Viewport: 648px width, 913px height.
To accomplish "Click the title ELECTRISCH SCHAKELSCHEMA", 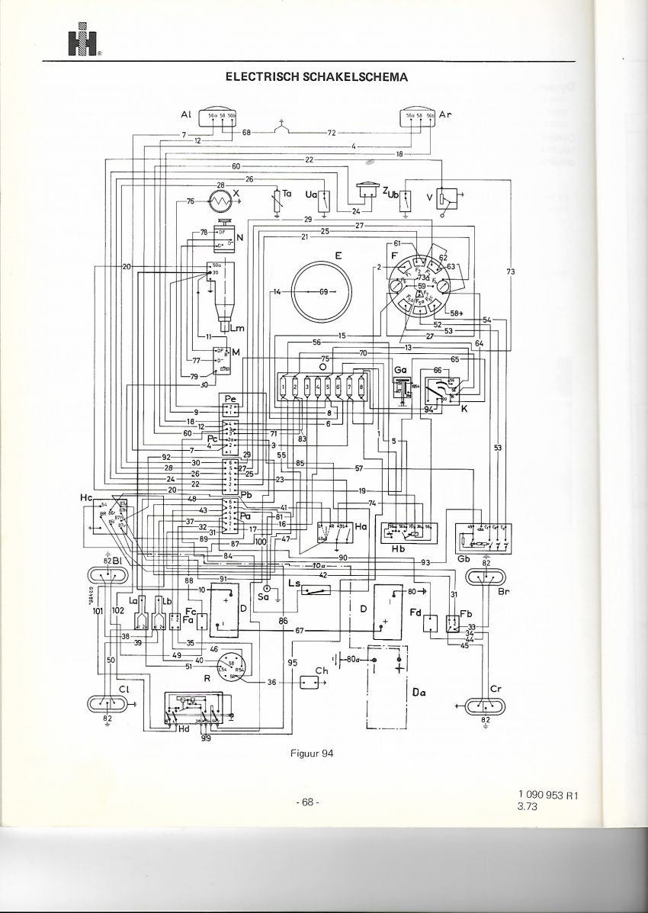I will pyautogui.click(x=316, y=76).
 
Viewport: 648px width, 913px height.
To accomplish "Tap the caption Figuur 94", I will pyautogui.click(x=313, y=754).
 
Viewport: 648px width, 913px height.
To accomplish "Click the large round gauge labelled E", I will pyautogui.click(x=324, y=292).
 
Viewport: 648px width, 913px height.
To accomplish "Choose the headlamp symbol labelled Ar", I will pyautogui.click(x=420, y=116).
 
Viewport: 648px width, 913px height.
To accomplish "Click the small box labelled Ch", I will pyautogui.click(x=310, y=682).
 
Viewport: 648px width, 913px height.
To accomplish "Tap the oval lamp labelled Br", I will pyautogui.click(x=485, y=577).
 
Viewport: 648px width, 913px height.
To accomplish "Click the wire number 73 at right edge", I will pyautogui.click(x=510, y=272).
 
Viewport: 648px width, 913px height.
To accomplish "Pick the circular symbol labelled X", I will pyautogui.click(x=222, y=201).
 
